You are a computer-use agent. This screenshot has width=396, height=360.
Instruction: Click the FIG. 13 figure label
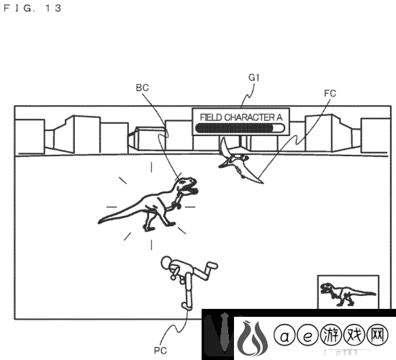pyautogui.click(x=32, y=9)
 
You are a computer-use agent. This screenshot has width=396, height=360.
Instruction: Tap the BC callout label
pyautogui.click(x=142, y=88)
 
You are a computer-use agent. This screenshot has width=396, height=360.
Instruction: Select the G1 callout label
pyautogui.click(x=254, y=78)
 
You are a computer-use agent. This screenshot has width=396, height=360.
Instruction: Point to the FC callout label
pyautogui.click(x=330, y=94)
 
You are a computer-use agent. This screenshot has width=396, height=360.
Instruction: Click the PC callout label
pyautogui.click(x=161, y=351)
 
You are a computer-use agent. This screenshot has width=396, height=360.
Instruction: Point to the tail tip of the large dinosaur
pyautogui.click(x=99, y=222)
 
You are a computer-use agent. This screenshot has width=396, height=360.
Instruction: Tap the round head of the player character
pyautogui.click(x=166, y=262)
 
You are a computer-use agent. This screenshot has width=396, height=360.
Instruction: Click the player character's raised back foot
pyautogui.click(x=212, y=266)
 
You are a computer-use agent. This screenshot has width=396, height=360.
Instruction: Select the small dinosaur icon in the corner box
pyautogui.click(x=347, y=294)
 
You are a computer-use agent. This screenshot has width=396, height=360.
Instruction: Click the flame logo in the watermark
pyautogui.click(x=252, y=338)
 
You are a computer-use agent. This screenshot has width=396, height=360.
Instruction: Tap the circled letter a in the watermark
pyautogui.click(x=284, y=336)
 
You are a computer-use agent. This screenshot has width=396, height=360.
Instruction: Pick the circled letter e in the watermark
pyautogui.click(x=307, y=336)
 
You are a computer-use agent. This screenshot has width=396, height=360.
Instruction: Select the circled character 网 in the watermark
pyautogui.click(x=377, y=336)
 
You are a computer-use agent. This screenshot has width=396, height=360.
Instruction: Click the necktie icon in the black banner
pyautogui.click(x=225, y=332)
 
